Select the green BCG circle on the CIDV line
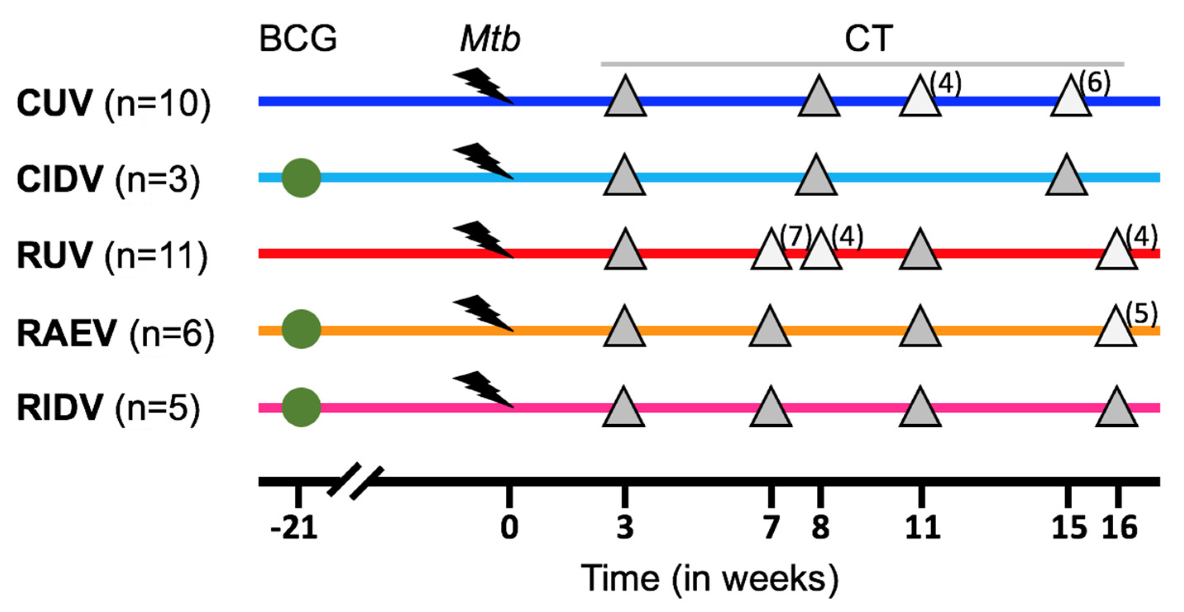pos(301,178)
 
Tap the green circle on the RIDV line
pos(301,407)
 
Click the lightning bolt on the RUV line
pos(483,239)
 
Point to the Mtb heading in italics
pos(490,38)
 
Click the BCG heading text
pos(298,38)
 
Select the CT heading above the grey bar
pos(869,38)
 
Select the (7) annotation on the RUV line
pos(795,237)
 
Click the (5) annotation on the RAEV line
pos(1142,314)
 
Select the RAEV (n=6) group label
pos(115,334)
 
